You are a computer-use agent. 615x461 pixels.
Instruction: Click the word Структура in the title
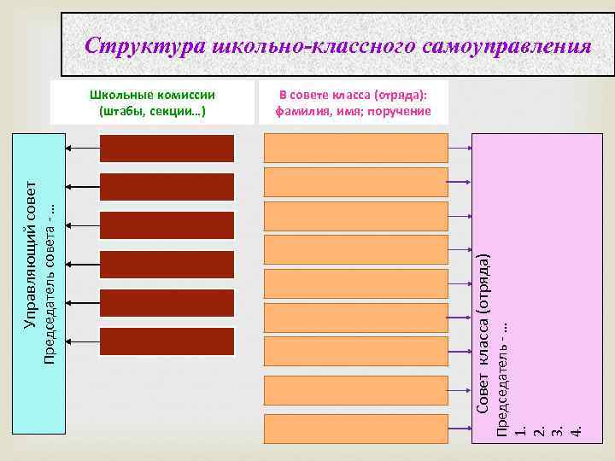143,45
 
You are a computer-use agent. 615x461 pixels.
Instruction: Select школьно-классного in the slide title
313,45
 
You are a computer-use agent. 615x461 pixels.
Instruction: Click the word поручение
402,111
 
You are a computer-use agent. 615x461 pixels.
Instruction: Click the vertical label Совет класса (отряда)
483,333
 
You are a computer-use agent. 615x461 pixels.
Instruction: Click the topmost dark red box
167,148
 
